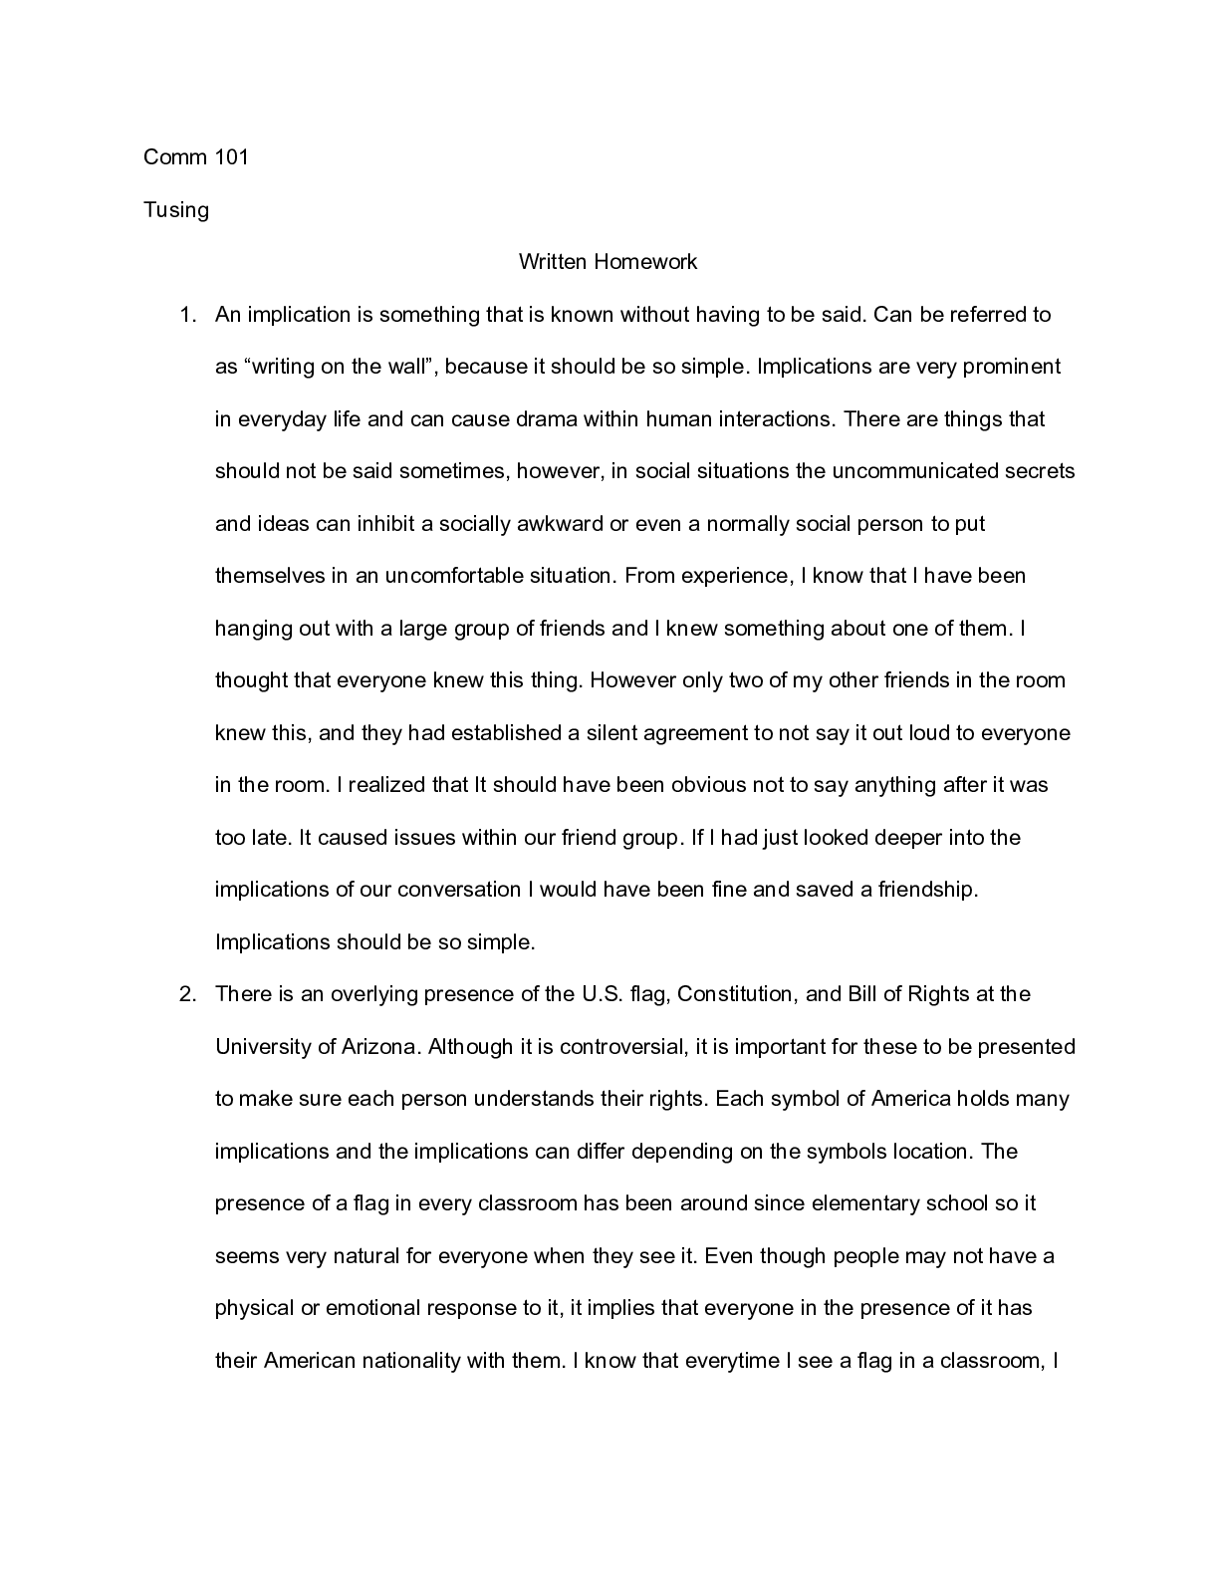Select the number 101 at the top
tap(230, 156)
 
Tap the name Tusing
tap(176, 210)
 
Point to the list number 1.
tap(186, 315)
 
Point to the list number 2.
tap(186, 994)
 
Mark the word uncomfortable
tap(455, 576)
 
